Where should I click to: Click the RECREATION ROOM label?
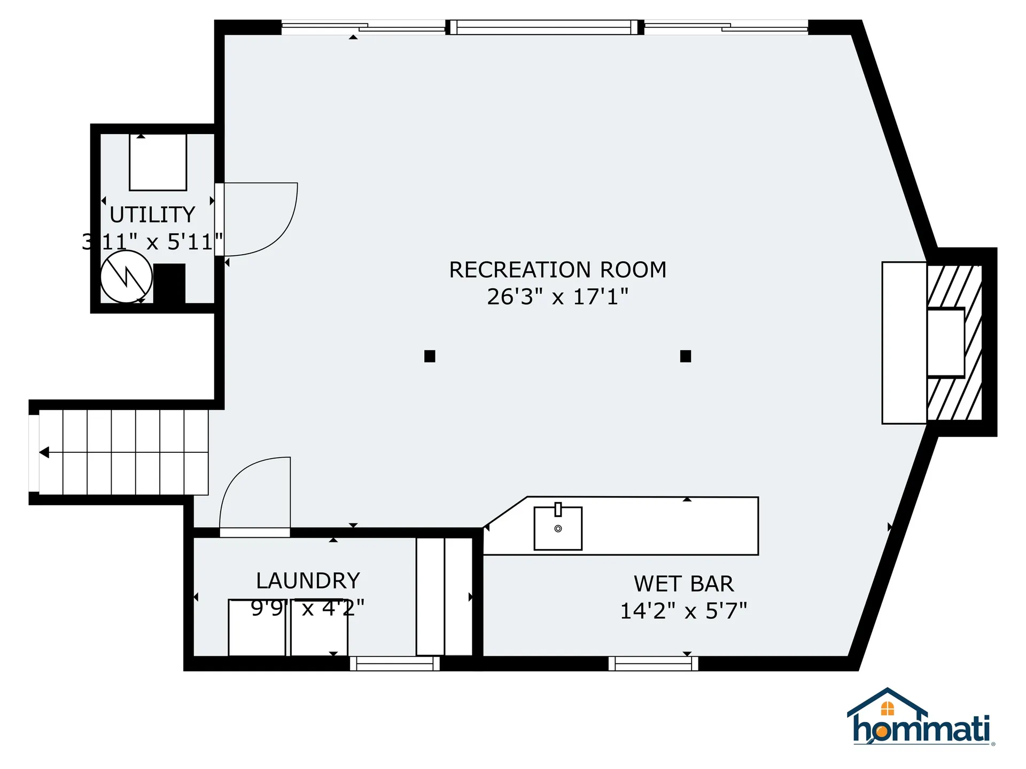pyautogui.click(x=557, y=270)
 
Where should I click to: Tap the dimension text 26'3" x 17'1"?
pyautogui.click(x=557, y=297)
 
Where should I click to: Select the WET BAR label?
pyautogui.click(x=683, y=584)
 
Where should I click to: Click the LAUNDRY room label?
pyautogui.click(x=308, y=580)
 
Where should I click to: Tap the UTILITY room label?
pyautogui.click(x=152, y=215)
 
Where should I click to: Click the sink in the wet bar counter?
pyautogui.click(x=558, y=529)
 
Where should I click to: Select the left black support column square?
pyautogui.click(x=430, y=356)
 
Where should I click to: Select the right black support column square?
pyautogui.click(x=686, y=356)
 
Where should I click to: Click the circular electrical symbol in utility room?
pyautogui.click(x=127, y=277)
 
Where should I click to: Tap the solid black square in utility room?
pyautogui.click(x=169, y=283)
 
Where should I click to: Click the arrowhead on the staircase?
pyautogui.click(x=44, y=452)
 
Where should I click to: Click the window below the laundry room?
pyautogui.click(x=394, y=663)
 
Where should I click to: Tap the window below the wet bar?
pyautogui.click(x=653, y=663)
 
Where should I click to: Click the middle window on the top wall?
pyautogui.click(x=544, y=27)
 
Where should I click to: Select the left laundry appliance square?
pyautogui.click(x=256, y=628)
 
